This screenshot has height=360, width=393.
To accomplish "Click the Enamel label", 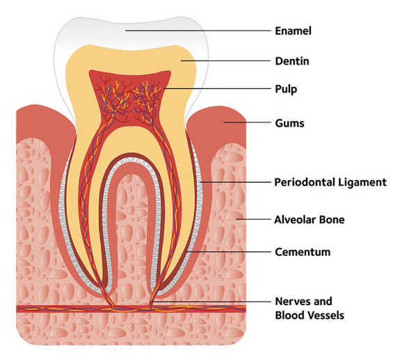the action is click(x=293, y=31).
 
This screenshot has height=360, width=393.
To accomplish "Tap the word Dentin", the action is click(x=292, y=61).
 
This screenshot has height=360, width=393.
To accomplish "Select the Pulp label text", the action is click(x=286, y=90).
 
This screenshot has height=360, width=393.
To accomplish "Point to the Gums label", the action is click(x=290, y=123).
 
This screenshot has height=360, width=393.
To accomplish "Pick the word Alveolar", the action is click(x=291, y=220).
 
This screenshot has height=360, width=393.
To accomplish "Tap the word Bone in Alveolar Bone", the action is click(x=328, y=220).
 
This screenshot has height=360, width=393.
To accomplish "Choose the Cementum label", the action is click(x=303, y=252).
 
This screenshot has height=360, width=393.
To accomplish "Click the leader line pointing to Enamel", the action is click(x=198, y=31).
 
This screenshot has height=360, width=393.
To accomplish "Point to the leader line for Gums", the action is click(x=247, y=122).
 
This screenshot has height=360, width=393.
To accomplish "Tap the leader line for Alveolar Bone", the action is click(x=254, y=220).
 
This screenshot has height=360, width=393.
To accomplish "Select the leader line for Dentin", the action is click(x=225, y=60).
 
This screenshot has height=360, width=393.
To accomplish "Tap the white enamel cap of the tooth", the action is click(x=130, y=33).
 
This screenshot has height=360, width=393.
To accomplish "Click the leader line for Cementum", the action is click(x=229, y=252).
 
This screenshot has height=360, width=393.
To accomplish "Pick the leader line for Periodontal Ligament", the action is click(x=235, y=182).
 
